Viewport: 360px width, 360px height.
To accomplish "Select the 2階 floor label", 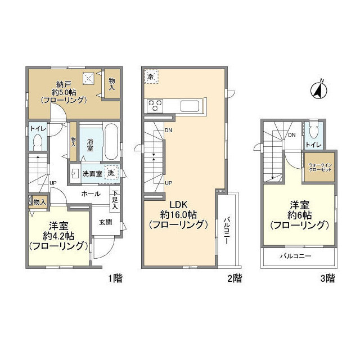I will pyautogui.click(x=235, y=278).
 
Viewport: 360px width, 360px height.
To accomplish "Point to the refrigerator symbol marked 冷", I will pyautogui.click(x=152, y=76).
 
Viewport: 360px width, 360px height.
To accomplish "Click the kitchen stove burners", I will pyautogui.click(x=155, y=104).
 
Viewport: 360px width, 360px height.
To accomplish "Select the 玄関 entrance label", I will pyautogui.click(x=106, y=222).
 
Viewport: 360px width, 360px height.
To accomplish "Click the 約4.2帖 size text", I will pyautogui.click(x=58, y=236).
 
